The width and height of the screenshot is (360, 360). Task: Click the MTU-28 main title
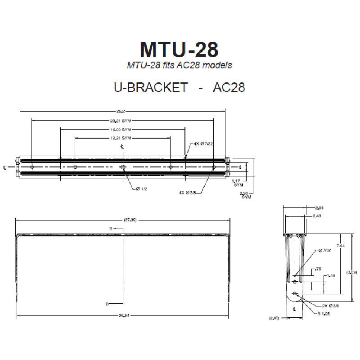180,49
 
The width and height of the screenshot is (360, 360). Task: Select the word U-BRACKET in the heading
151,87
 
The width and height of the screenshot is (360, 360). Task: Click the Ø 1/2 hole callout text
141,189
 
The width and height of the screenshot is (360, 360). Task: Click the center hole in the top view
123,167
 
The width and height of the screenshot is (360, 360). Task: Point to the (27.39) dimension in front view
123,220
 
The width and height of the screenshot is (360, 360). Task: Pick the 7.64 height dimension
341,246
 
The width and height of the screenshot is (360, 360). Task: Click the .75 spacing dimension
318,269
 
